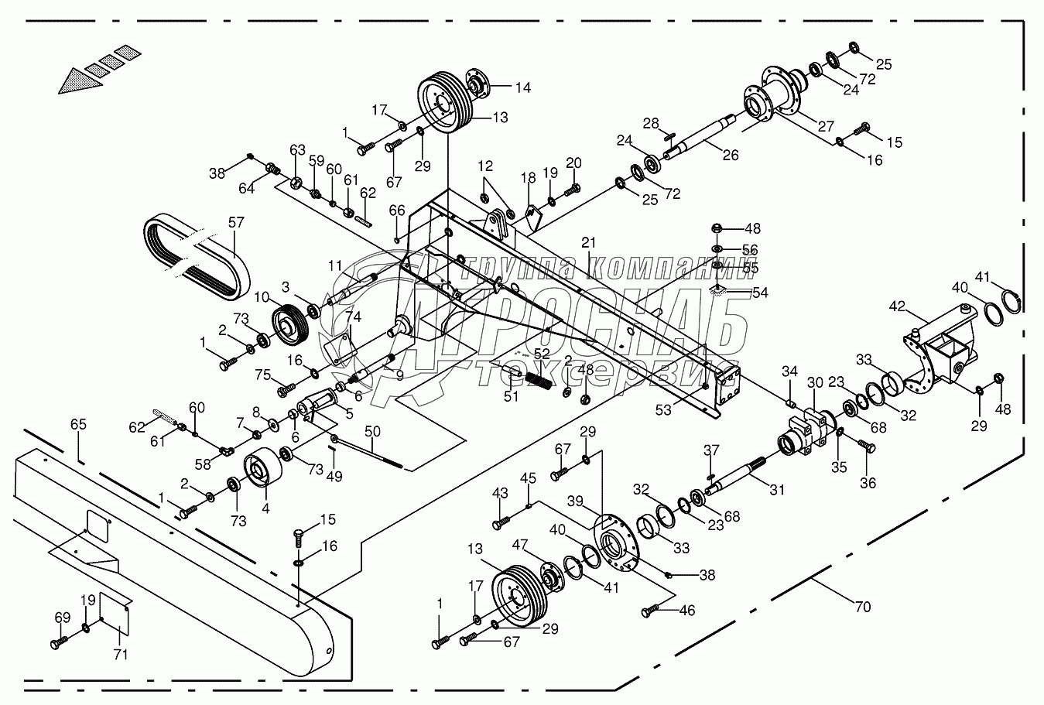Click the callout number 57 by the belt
click(x=235, y=223)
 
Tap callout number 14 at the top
click(x=523, y=87)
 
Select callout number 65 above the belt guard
click(x=78, y=425)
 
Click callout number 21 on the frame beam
click(x=590, y=242)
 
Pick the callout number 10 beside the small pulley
click(x=262, y=297)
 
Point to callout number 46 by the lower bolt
click(x=686, y=611)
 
